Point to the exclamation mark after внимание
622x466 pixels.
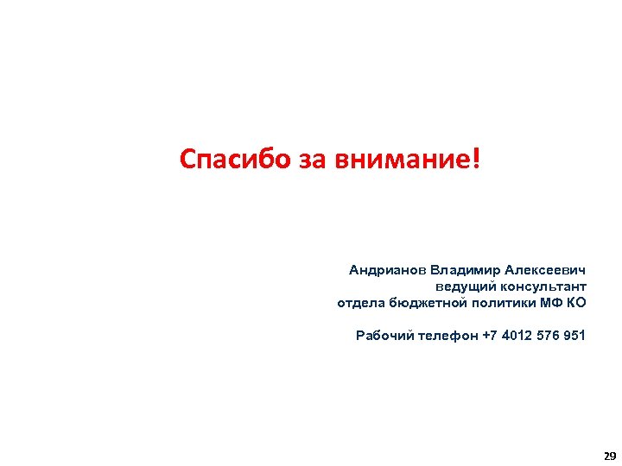[x=476, y=158]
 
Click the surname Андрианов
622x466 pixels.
[x=388, y=270]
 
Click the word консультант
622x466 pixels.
[x=543, y=287]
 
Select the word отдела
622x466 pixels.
[x=360, y=303]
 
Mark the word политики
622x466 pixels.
[x=504, y=303]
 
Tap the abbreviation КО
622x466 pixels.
[x=577, y=303]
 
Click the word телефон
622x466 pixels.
[x=447, y=336]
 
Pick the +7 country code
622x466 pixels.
[x=491, y=336]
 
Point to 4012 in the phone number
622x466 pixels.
[x=517, y=336]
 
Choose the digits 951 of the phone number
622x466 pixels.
[x=574, y=336]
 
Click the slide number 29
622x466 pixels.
[x=610, y=456]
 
